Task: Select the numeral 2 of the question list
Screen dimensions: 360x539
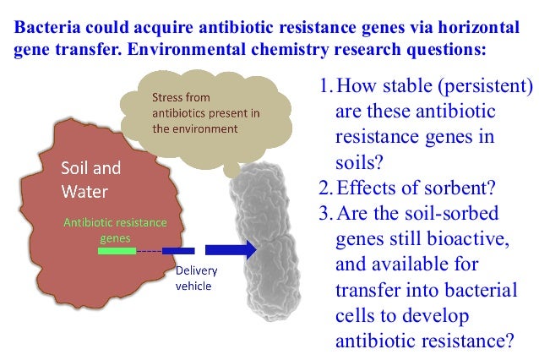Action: click(x=324, y=185)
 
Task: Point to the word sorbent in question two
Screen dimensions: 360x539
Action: click(x=447, y=185)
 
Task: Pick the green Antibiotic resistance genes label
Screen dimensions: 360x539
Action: click(x=115, y=230)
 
